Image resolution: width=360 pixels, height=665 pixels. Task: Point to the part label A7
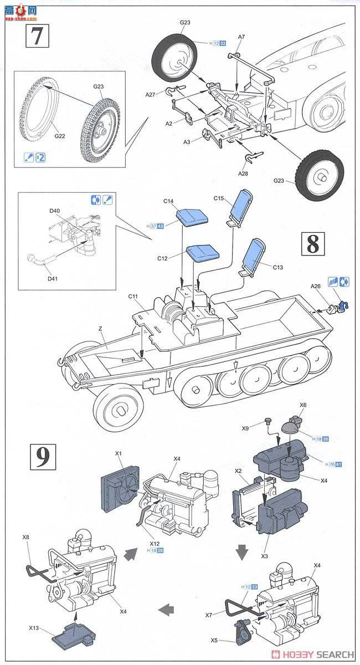(241, 37)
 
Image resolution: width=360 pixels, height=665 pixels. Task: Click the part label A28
(243, 173)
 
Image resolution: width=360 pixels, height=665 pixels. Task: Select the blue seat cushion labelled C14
(191, 217)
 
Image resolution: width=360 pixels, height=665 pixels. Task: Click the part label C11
(133, 297)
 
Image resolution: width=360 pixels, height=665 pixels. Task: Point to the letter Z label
(100, 329)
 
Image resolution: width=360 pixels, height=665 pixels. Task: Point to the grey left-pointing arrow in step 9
(164, 611)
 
